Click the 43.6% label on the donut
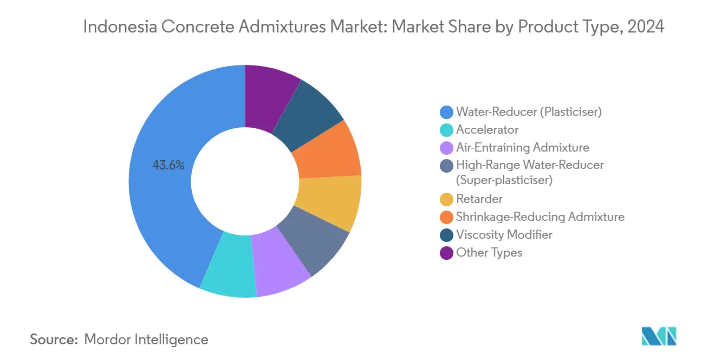(168, 166)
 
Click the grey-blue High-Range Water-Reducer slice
(314, 238)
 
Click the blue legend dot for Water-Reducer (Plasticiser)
(447, 112)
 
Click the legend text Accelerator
(487, 130)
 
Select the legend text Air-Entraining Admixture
(522, 147)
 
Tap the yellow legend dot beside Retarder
(447, 199)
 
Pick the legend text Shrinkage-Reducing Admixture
(540, 217)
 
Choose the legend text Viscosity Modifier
(504, 234)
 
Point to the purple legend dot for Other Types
(447, 252)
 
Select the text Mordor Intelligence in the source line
(146, 339)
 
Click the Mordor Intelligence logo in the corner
(659, 336)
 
